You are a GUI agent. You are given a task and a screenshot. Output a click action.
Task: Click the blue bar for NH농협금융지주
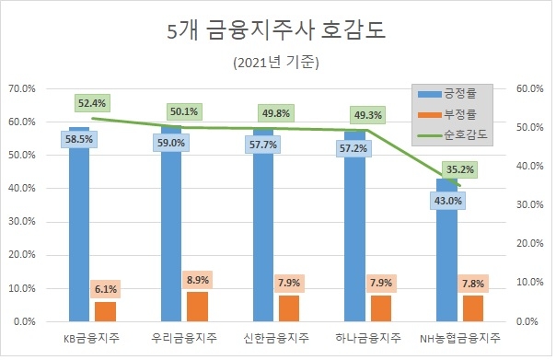(447, 267)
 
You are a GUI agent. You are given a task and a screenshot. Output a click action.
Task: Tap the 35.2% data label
(459, 169)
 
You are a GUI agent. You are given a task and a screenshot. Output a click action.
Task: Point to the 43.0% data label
(447, 200)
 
